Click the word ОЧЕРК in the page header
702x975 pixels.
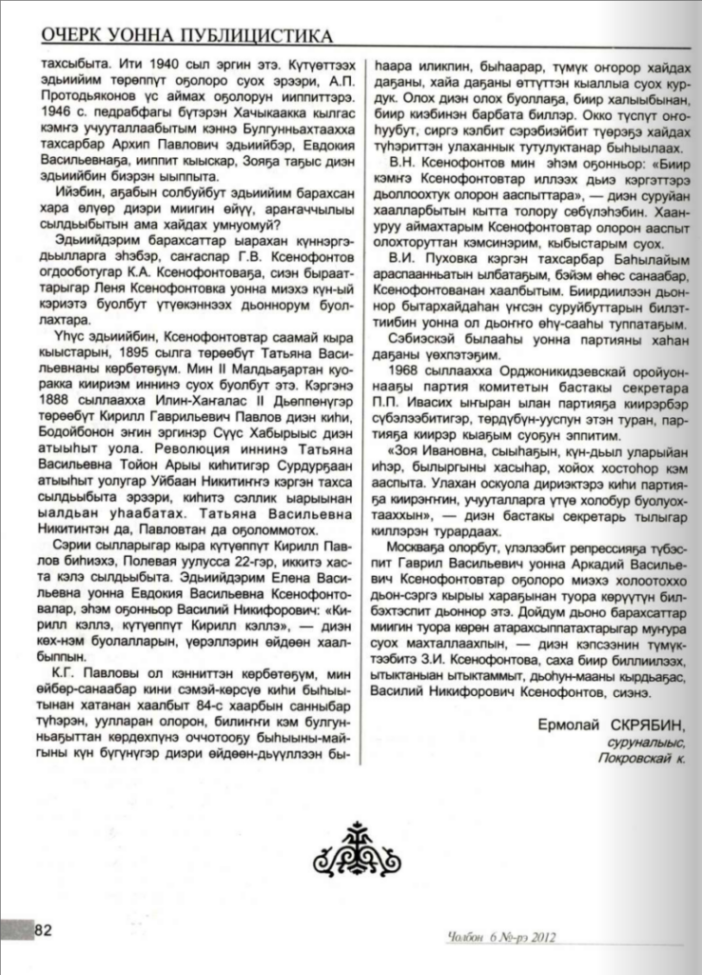(x=76, y=37)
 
